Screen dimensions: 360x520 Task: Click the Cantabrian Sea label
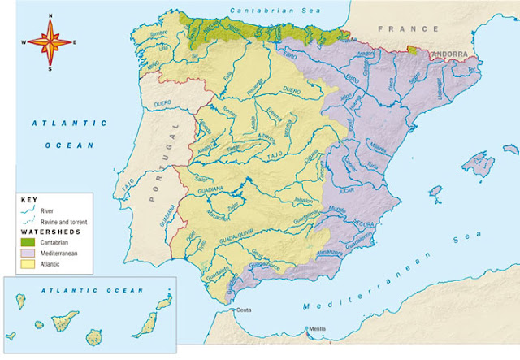point(262,11)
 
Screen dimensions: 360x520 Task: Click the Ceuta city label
point(244,310)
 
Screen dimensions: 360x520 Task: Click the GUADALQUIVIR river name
point(236,230)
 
